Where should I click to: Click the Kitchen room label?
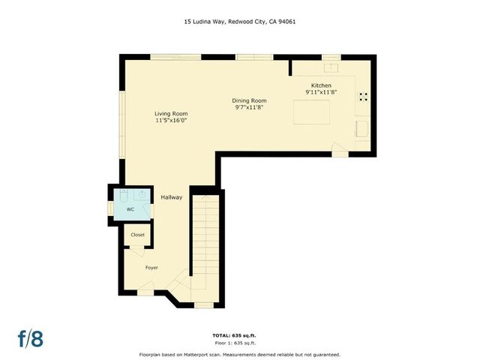(321, 85)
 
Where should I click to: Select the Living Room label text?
(170, 112)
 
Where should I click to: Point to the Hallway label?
(172, 197)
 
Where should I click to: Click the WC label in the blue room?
(130, 209)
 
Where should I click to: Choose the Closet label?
(138, 235)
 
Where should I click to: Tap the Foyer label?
(151, 266)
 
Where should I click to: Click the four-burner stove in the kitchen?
(363, 96)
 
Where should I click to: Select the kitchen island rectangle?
(312, 112)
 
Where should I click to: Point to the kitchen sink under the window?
(331, 67)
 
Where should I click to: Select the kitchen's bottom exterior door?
(340, 152)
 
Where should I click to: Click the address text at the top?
(239, 22)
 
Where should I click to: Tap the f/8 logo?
(31, 338)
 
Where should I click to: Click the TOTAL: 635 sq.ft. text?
(239, 335)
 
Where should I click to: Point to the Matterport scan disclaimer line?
(239, 354)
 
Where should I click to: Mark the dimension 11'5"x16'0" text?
(170, 120)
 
